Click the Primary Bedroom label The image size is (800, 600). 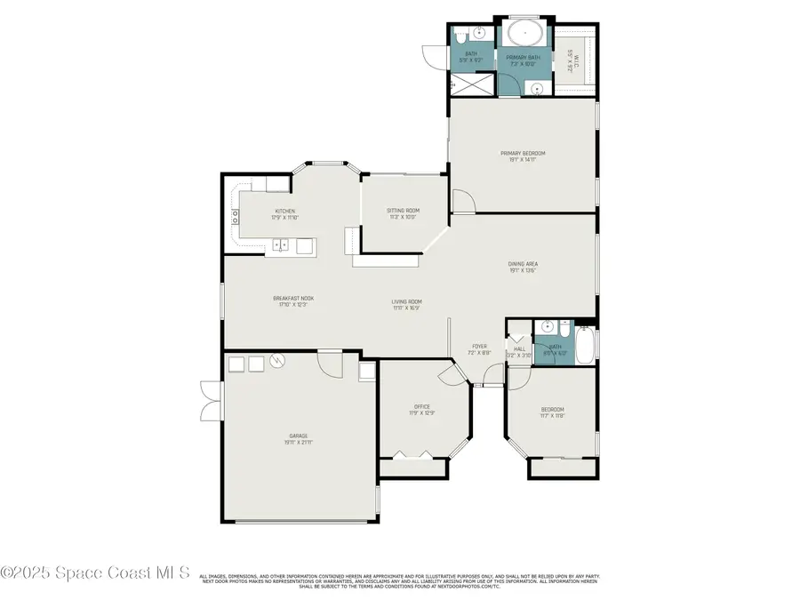(x=522, y=154)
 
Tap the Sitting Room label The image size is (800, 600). (x=403, y=211)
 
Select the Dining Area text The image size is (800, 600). (x=523, y=264)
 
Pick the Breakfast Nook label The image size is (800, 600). (x=293, y=299)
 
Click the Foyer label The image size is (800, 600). (x=479, y=347)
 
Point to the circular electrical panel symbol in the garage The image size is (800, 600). (x=279, y=363)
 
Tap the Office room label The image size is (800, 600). (x=421, y=407)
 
